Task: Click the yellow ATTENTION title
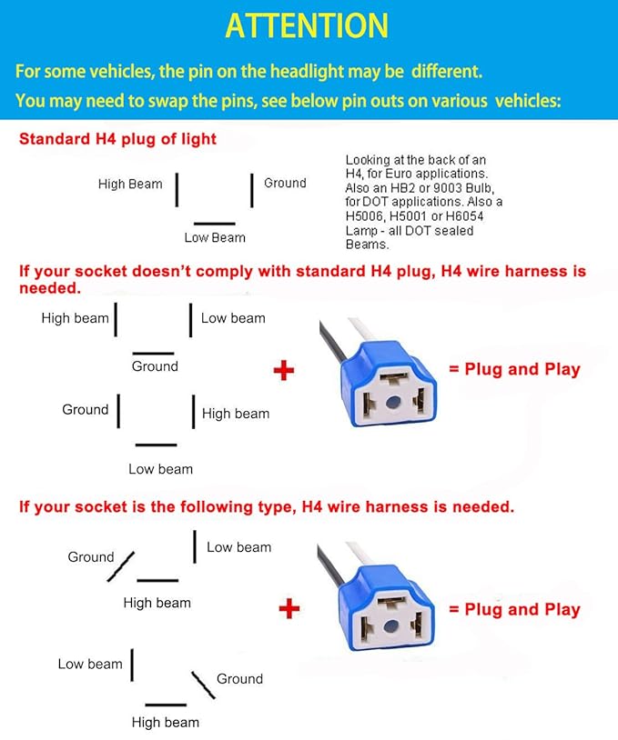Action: [307, 25]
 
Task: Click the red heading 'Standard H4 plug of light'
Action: [117, 139]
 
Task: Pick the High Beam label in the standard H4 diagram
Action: [130, 185]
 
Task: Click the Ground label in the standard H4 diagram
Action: [285, 184]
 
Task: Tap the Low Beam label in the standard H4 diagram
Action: [215, 238]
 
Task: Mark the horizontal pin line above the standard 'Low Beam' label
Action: [215, 224]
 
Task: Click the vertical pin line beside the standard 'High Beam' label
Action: [177, 189]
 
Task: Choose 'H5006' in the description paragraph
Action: [368, 216]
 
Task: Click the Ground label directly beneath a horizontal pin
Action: [155, 366]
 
